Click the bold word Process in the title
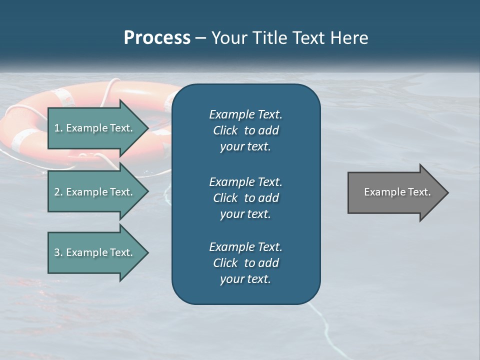click(157, 38)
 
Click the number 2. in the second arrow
click(58, 192)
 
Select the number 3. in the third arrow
click(58, 252)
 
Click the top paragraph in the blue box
click(245, 130)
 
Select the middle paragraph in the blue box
click(245, 198)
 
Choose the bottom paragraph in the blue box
click(245, 263)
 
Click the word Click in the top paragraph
click(225, 130)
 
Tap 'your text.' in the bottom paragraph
click(245, 279)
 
